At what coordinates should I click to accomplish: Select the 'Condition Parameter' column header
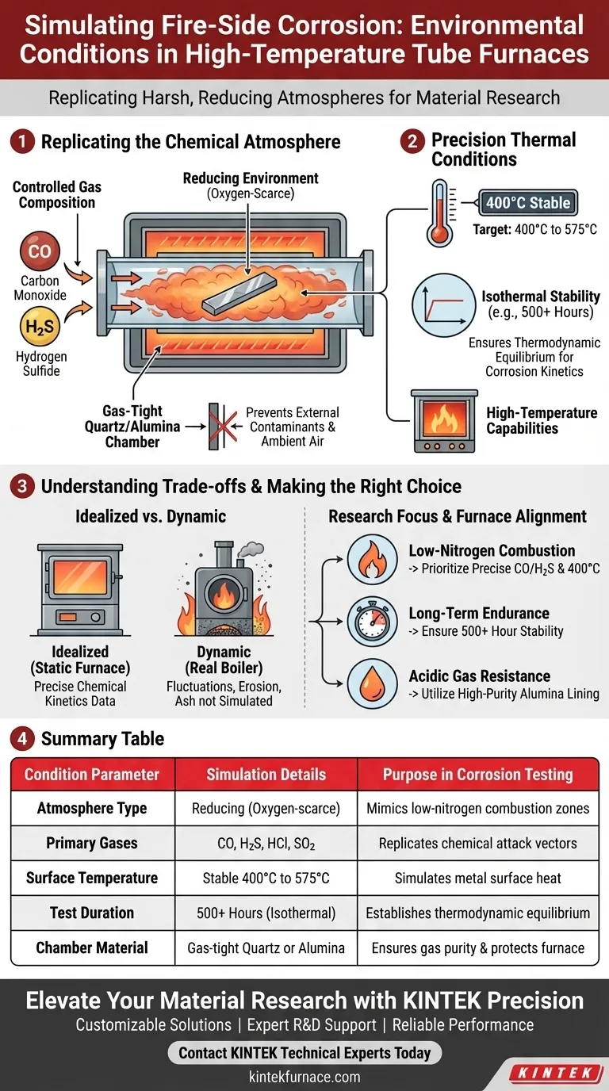click(92, 775)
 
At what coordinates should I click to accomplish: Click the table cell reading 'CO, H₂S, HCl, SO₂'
click(266, 844)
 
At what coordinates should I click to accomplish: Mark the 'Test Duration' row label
click(92, 913)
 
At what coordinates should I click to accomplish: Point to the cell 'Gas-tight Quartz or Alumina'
click(266, 947)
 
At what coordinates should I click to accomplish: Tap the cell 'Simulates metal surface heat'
click(477, 879)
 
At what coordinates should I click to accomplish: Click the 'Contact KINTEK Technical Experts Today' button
click(304, 1053)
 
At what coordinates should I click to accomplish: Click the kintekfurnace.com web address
click(304, 1077)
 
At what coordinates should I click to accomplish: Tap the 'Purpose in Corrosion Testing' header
click(477, 775)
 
